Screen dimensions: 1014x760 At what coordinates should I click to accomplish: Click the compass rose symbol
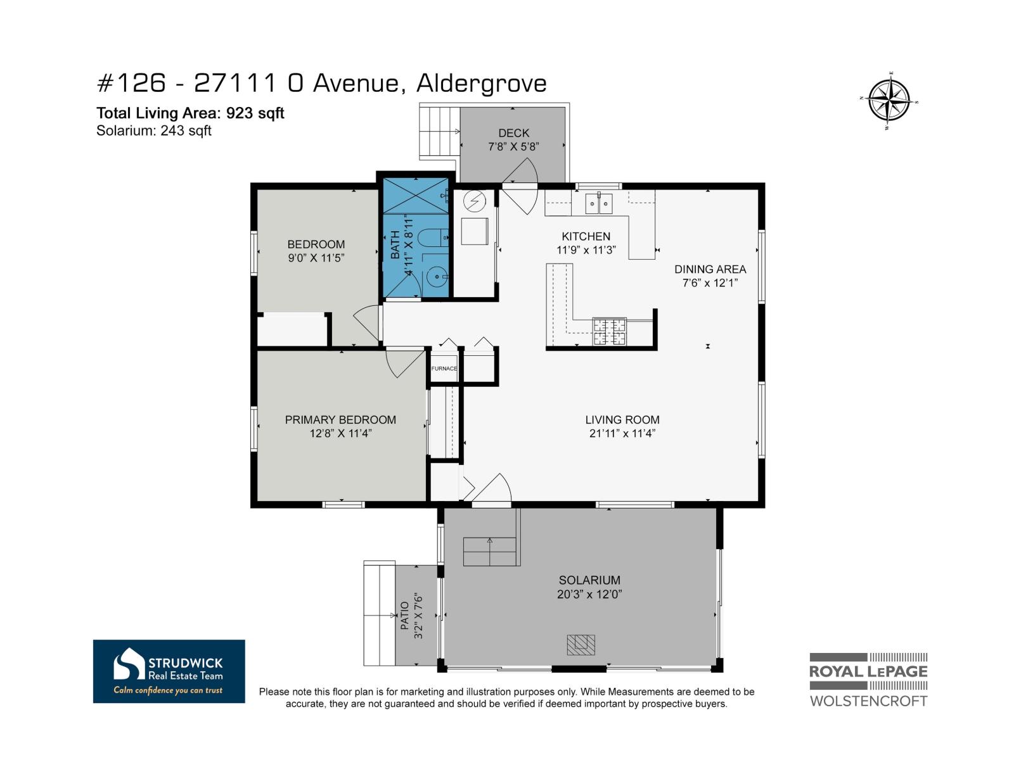click(889, 101)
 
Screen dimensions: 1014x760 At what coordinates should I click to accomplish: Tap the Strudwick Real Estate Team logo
click(169, 671)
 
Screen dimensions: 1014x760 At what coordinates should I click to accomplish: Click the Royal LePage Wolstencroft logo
click(868, 680)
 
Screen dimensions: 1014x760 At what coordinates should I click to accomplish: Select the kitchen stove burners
click(609, 332)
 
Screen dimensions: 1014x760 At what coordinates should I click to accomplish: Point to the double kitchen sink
click(599, 203)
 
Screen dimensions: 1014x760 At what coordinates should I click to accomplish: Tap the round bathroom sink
click(436, 277)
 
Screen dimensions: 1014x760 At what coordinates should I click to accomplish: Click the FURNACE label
click(444, 368)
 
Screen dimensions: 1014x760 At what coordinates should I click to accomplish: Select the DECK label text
click(514, 133)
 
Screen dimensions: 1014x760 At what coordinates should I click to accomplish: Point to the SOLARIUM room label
click(589, 580)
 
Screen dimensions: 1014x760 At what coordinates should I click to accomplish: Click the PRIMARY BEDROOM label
click(340, 419)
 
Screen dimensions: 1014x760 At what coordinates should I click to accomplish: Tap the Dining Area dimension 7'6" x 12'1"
click(710, 283)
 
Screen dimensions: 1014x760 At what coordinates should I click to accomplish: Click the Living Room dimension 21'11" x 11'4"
click(622, 433)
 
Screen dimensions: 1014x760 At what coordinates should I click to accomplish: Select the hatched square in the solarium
click(581, 645)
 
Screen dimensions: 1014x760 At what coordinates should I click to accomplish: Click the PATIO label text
click(405, 616)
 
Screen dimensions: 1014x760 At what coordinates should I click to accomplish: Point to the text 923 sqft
click(255, 113)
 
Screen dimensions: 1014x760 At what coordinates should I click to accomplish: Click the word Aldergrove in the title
click(482, 84)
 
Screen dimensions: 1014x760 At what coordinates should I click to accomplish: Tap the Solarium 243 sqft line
click(154, 130)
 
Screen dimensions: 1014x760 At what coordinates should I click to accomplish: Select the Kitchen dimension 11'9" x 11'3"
click(586, 250)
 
